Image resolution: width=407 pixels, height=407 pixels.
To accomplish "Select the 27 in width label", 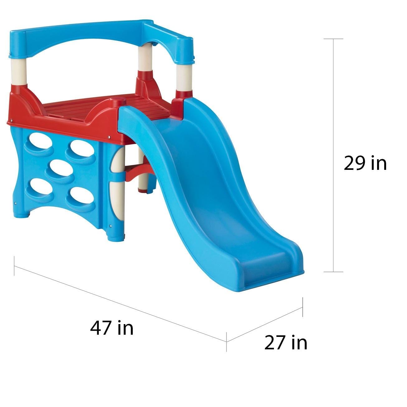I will pos(285,342).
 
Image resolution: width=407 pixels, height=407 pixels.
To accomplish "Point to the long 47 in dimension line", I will pos(120,298).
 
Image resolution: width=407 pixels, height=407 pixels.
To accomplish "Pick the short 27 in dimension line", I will pos(264,324).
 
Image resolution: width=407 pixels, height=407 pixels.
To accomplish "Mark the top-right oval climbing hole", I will pos(79,146).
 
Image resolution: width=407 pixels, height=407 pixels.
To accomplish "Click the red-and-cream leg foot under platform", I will pos(143,185).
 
